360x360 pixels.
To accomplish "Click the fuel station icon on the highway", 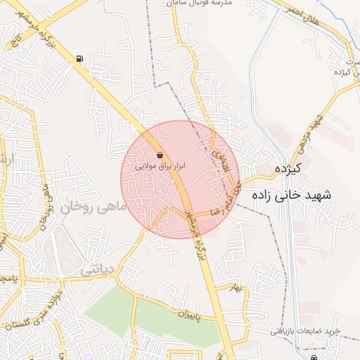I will tap(79, 59).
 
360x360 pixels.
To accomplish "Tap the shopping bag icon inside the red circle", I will tap(160, 155).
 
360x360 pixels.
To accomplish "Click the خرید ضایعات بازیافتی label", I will tap(305, 330).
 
